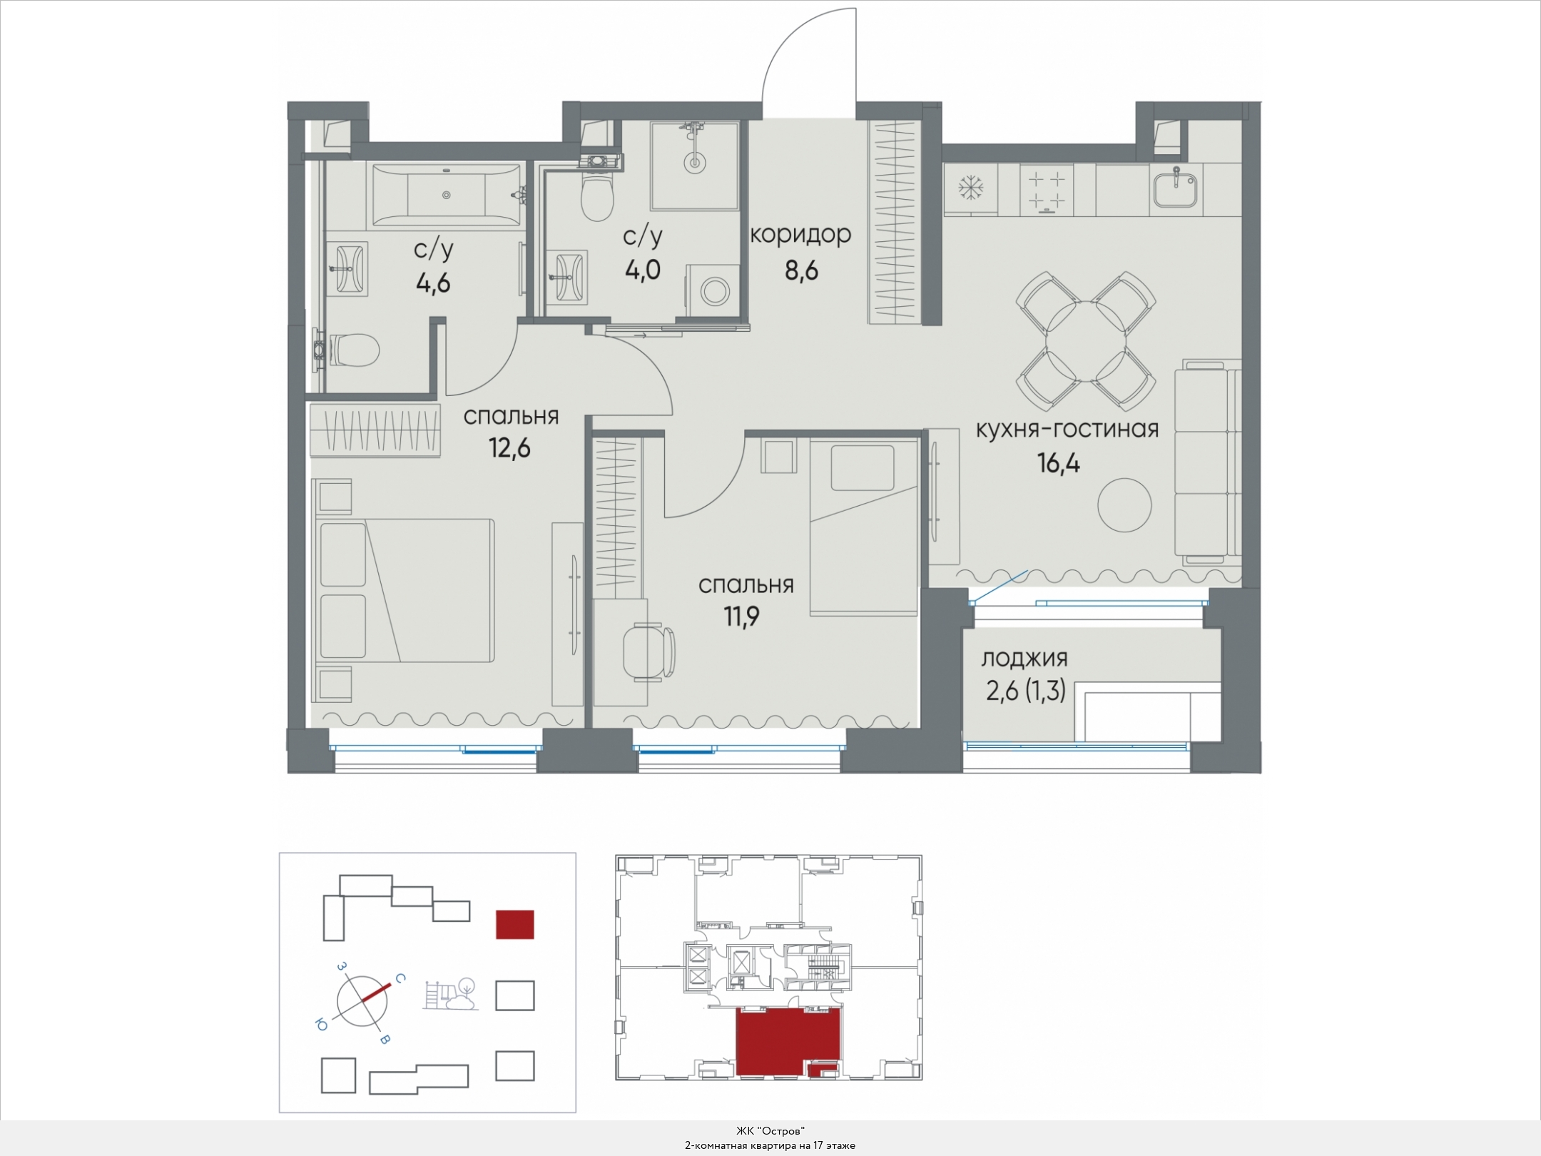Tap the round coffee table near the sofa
pos(1124,504)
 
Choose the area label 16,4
pos(1059,464)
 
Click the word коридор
pos(800,234)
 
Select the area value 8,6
pos(800,270)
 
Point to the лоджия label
pos(1024,659)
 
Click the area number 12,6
pos(509,449)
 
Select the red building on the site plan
pos(515,924)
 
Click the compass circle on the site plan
pos(362,1001)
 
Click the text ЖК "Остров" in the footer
pos(770,1131)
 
